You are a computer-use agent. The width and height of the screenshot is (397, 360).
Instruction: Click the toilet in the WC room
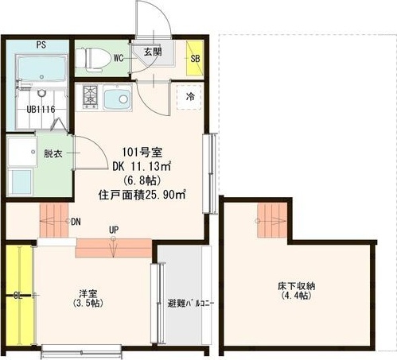point(93,60)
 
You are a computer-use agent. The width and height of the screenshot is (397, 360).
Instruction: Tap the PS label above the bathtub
point(41,45)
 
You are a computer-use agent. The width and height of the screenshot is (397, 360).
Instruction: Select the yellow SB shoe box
point(195,58)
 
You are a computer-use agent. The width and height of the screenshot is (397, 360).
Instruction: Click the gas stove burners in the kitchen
point(90,97)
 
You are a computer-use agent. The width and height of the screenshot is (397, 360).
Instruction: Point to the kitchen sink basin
point(118,97)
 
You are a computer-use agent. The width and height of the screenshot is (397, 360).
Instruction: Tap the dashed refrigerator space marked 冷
point(189,97)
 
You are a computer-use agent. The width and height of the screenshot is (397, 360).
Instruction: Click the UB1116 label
point(41,109)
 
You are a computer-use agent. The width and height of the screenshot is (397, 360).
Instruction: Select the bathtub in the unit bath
point(42,68)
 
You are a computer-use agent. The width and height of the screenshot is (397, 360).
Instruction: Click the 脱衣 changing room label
point(53,153)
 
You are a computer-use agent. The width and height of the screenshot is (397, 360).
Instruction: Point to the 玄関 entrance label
point(153,52)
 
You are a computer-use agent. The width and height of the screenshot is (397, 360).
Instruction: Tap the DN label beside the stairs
point(76,222)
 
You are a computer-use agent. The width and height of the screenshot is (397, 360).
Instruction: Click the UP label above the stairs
point(114,230)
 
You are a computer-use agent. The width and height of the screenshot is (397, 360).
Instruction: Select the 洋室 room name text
point(88,293)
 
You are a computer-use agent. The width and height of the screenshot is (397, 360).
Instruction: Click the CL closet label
point(18,296)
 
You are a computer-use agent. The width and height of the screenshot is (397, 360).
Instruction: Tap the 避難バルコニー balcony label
point(190,304)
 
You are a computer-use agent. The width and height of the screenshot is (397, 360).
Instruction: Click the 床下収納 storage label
point(296,286)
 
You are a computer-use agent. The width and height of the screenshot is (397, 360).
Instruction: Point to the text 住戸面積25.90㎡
point(142,195)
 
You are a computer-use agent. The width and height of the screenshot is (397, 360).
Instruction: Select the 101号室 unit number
point(142,153)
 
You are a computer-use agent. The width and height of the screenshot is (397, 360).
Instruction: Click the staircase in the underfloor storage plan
point(272,220)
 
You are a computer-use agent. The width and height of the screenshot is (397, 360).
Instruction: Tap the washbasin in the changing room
point(22,152)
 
